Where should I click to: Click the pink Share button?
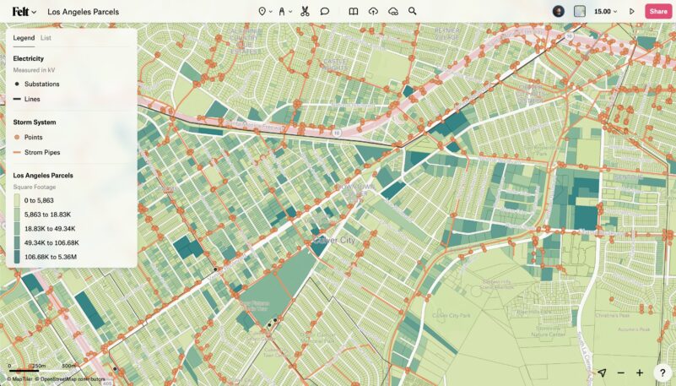(657, 12)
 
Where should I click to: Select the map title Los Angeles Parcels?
(84, 13)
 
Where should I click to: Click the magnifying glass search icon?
(413, 12)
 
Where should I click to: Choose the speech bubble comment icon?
(325, 12)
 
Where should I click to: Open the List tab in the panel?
(46, 38)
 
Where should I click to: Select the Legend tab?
(24, 38)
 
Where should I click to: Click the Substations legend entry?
(41, 84)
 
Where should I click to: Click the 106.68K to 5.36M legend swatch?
(17, 256)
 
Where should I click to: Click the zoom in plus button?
(640, 372)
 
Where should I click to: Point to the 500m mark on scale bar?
(70, 366)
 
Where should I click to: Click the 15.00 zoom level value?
(603, 12)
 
